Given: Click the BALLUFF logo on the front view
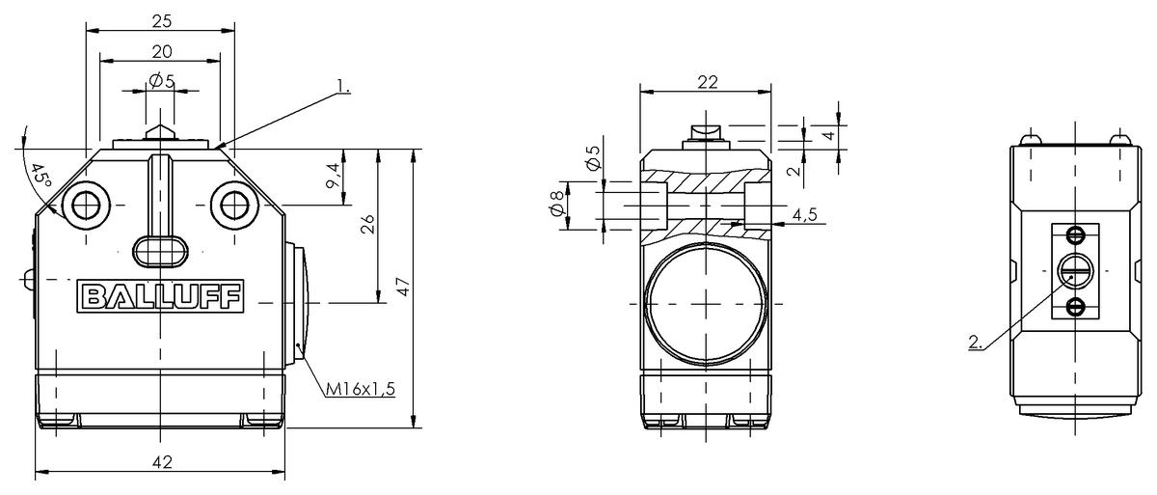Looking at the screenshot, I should [160, 297].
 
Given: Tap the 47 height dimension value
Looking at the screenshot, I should [403, 287].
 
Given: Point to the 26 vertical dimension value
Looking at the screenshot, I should [367, 224].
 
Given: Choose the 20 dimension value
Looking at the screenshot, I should [161, 50].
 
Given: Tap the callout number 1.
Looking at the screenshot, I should [344, 87].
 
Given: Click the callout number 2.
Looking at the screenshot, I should [975, 341].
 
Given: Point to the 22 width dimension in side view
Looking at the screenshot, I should [707, 82].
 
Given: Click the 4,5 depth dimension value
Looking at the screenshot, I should [804, 215].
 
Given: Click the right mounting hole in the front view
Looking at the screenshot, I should [233, 205].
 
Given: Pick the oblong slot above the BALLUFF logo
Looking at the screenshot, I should [160, 249].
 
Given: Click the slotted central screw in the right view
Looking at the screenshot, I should [1074, 270].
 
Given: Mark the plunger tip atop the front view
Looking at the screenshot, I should [160, 129].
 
